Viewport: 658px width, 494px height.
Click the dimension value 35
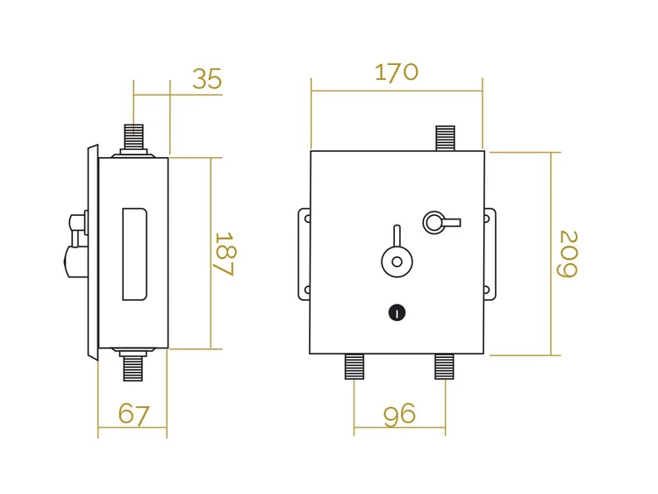[207, 79]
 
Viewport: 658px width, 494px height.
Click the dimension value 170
[397, 72]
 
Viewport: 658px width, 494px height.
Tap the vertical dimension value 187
[224, 254]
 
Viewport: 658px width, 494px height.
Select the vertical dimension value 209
[568, 254]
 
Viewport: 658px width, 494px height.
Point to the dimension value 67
[133, 414]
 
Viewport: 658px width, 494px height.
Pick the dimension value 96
[399, 414]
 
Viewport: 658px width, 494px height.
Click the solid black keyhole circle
[397, 312]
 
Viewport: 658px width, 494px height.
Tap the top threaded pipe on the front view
[445, 138]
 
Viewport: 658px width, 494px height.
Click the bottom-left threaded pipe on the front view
[354, 367]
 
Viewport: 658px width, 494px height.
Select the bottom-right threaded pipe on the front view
[445, 367]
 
